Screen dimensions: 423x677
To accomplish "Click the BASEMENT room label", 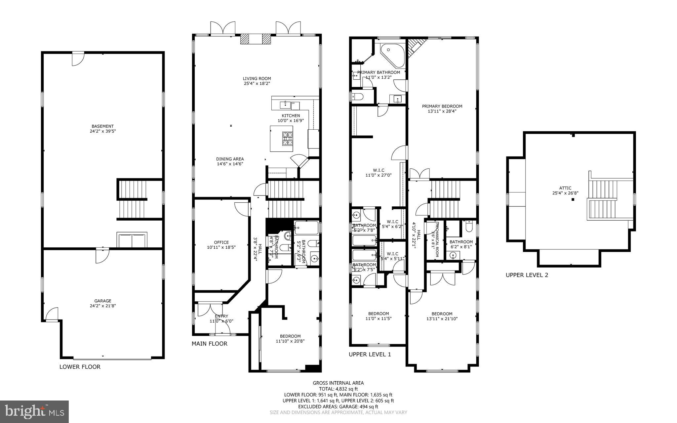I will [102, 126].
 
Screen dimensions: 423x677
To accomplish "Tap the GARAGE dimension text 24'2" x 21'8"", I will [102, 306].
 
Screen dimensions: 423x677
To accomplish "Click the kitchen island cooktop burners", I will [287, 139].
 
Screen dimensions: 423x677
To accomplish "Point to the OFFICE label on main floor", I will [221, 242].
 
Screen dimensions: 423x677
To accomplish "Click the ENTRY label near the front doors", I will [221, 316].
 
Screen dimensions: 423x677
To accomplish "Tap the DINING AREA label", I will [230, 159].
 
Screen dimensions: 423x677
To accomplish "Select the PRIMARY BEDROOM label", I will [442, 106].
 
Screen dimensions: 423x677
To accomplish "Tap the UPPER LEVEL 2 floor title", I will [527, 275].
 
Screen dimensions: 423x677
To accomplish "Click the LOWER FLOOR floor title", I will [80, 367].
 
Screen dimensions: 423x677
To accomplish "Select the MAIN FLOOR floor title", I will [209, 344].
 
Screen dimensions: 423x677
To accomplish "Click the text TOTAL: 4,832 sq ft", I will [338, 389].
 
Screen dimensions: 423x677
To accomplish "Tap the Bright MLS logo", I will [34, 411].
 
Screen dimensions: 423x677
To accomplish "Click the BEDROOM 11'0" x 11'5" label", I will [378, 314].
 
